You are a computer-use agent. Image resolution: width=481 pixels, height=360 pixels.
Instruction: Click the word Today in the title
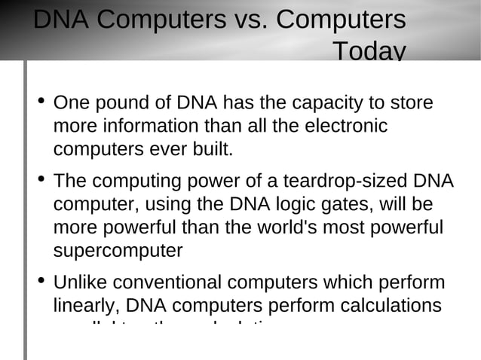(369, 51)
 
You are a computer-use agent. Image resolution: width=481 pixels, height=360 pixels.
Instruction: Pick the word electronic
(346, 125)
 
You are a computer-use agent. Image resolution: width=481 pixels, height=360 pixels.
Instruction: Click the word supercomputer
(118, 251)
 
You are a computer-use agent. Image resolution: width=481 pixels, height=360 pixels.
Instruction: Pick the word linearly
(86, 307)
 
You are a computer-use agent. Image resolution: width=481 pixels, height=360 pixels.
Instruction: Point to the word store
(412, 102)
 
